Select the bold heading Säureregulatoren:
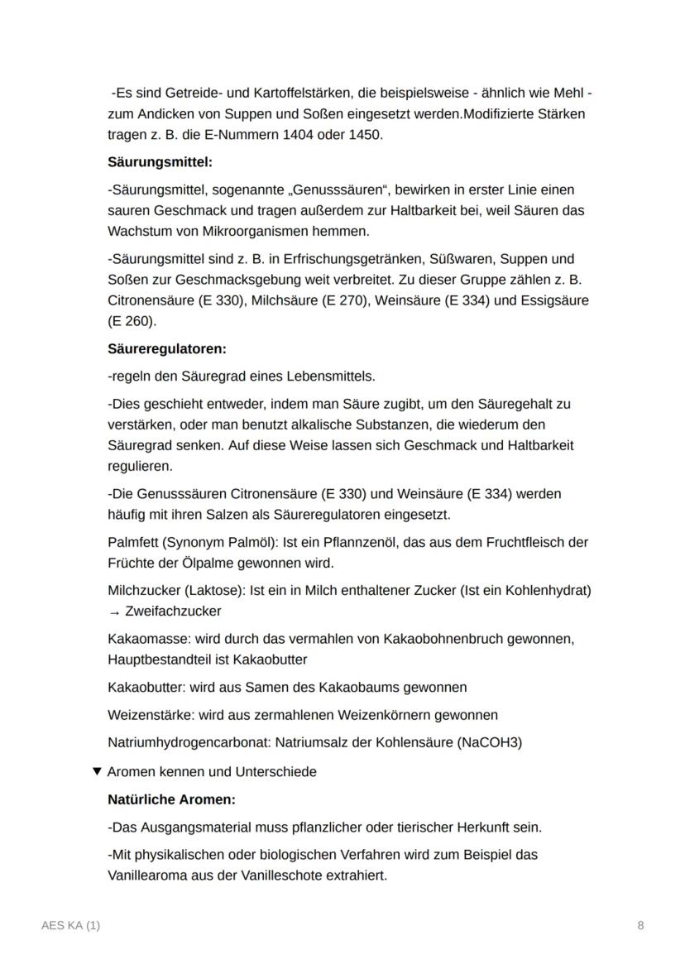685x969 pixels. coord(166,348)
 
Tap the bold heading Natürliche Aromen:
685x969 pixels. coord(171,799)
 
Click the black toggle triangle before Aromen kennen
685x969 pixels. coord(98,771)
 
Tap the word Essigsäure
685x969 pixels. coord(558,300)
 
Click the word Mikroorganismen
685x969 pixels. coord(251,231)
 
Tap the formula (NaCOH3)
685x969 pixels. coord(489,741)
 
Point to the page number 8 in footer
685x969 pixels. coord(640,925)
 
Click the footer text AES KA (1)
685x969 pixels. coord(70,925)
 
